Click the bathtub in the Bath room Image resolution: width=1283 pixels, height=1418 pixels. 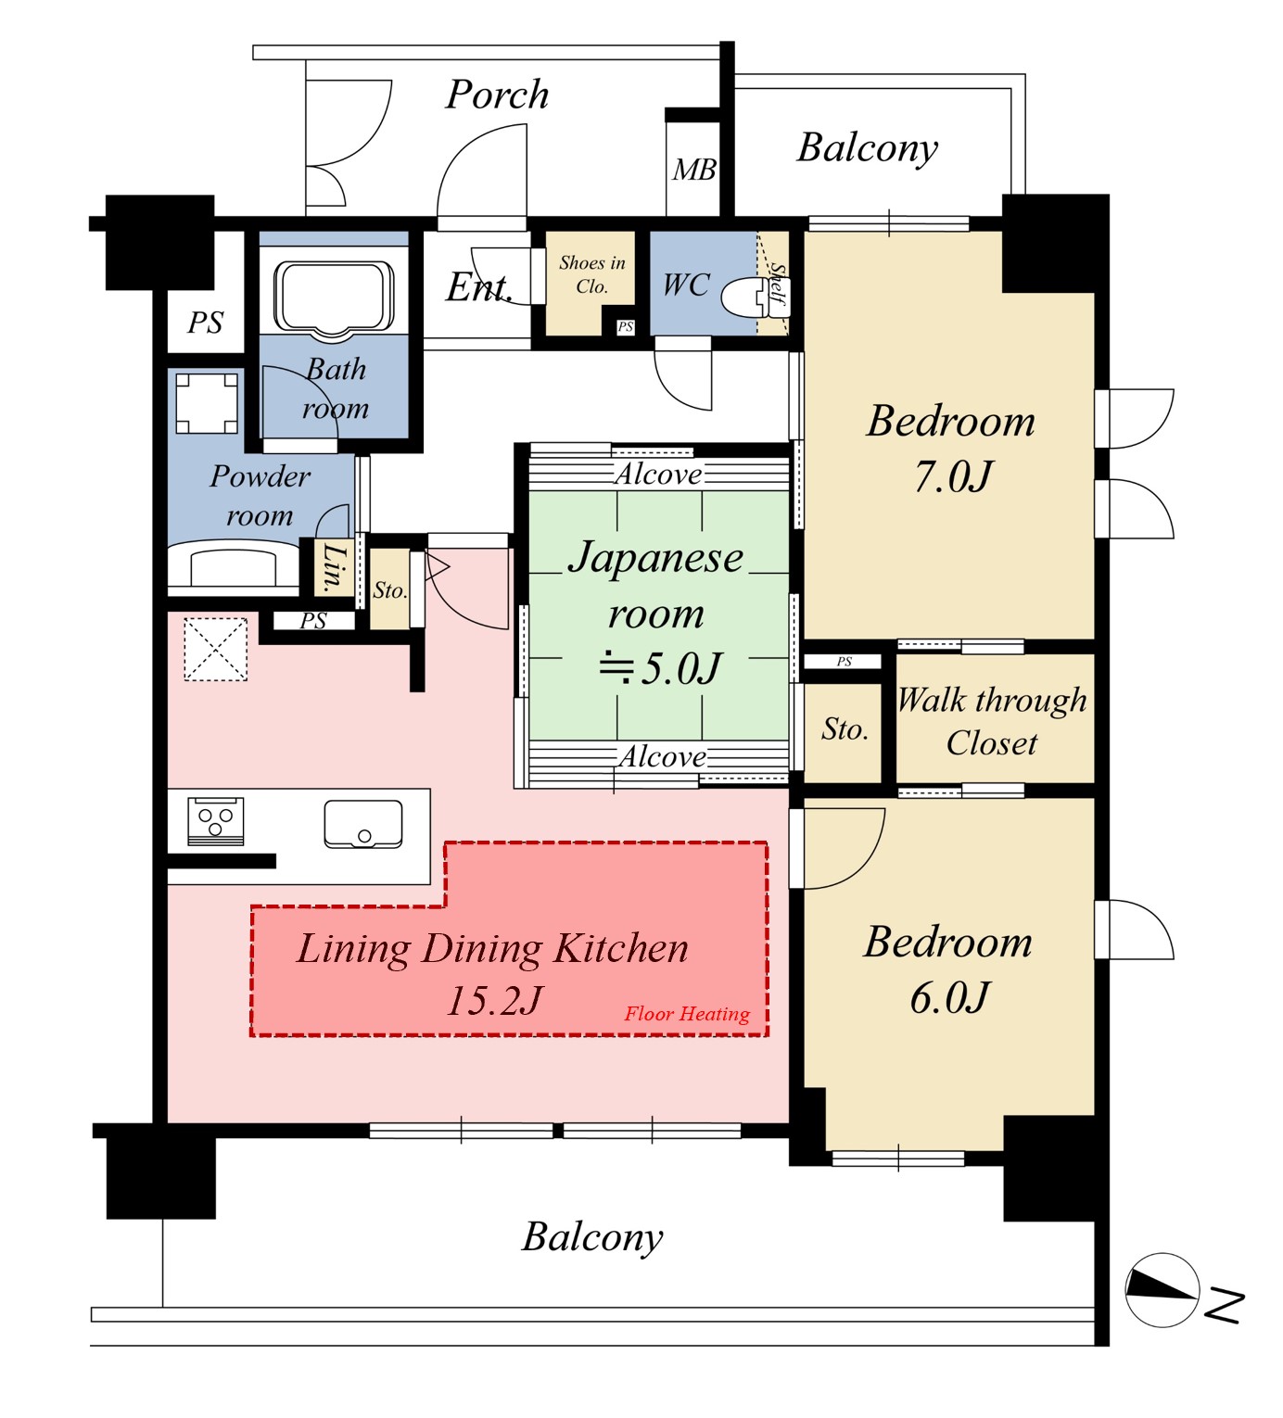(x=334, y=297)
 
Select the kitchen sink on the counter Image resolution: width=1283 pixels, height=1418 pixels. (x=363, y=824)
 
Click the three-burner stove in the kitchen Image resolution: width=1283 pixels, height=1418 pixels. (x=216, y=821)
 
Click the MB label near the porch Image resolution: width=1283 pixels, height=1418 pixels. (x=693, y=170)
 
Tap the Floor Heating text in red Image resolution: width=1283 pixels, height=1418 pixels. (x=687, y=1014)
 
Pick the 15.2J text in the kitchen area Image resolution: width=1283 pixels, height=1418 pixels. (x=494, y=1001)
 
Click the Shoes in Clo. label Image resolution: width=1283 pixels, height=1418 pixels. (x=592, y=274)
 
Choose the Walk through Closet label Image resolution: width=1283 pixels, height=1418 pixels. (x=992, y=721)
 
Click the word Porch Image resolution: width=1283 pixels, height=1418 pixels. (x=497, y=94)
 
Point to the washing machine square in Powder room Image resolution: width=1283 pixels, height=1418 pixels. (x=207, y=403)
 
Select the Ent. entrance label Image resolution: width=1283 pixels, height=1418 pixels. (x=479, y=287)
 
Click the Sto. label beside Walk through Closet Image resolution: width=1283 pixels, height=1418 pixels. (x=845, y=728)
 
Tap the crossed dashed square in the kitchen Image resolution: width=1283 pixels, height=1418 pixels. (x=216, y=650)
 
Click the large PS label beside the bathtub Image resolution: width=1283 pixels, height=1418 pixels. (x=205, y=323)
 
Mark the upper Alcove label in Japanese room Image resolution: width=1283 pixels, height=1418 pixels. (x=658, y=474)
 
